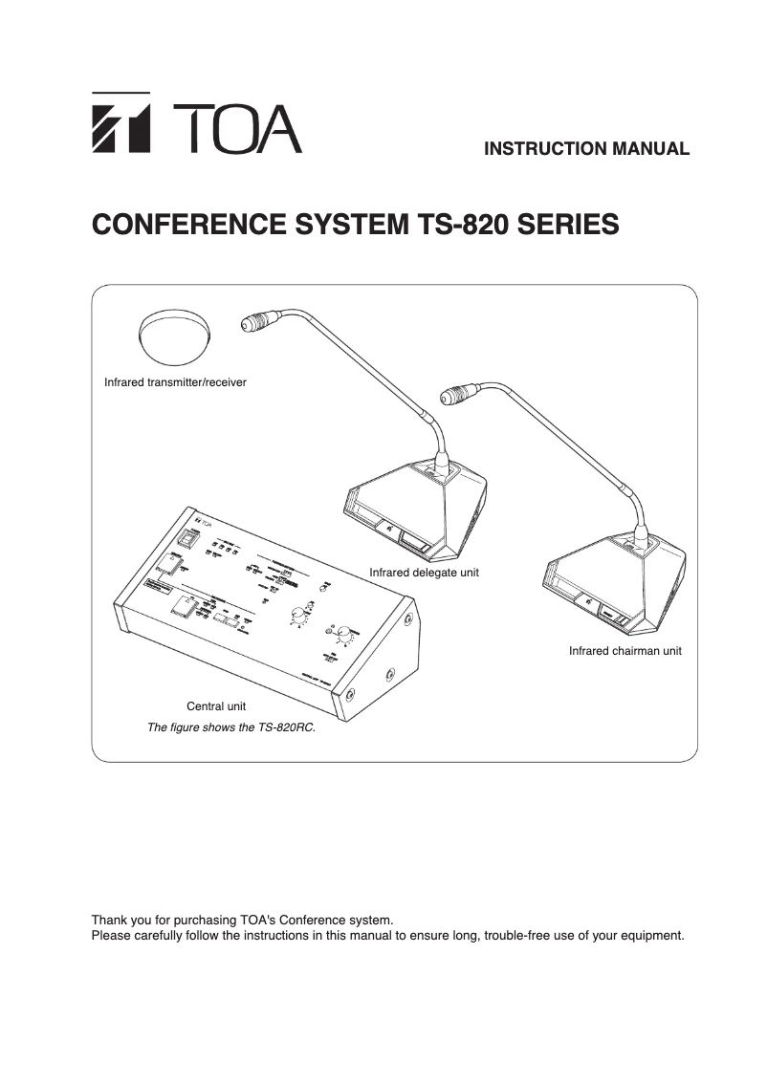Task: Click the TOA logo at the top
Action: (196, 123)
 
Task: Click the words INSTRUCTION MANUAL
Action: (586, 149)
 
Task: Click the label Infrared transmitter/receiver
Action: (175, 382)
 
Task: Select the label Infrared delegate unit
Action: (424, 572)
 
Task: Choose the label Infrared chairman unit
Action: (625, 651)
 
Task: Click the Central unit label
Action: (215, 706)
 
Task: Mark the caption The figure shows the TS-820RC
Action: (230, 727)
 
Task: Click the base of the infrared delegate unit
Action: (418, 511)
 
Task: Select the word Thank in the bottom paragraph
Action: (108, 920)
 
